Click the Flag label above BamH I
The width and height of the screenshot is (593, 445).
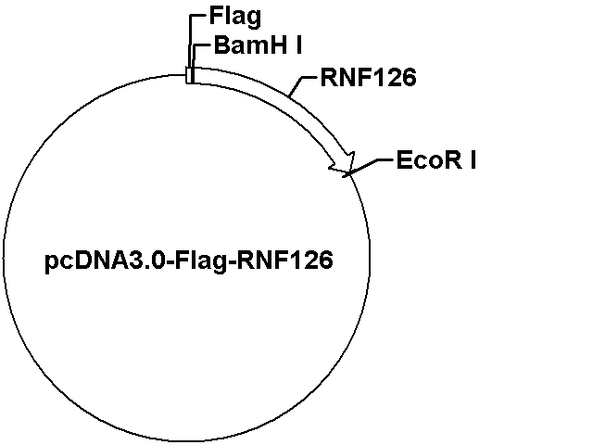[234, 17]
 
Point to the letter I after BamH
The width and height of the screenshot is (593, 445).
[298, 45]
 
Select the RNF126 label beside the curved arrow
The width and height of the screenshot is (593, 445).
[369, 77]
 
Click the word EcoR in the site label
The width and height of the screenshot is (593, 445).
[429, 160]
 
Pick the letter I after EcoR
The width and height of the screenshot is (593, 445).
[473, 160]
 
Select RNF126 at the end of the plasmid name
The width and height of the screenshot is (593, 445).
[284, 260]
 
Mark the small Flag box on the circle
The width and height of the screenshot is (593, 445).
[188, 75]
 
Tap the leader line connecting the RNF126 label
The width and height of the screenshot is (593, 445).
[300, 83]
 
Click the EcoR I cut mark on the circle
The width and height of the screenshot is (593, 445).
[348, 174]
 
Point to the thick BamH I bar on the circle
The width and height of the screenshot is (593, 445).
[193, 75]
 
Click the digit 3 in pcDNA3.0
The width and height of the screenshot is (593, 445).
[145, 260]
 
